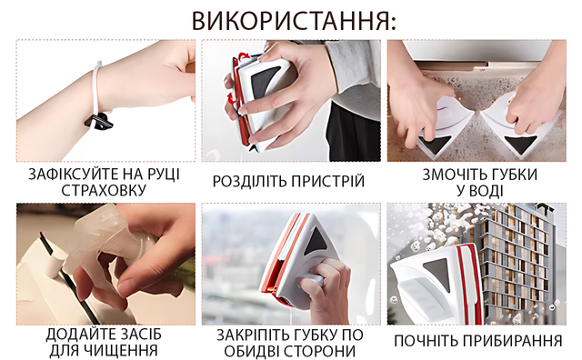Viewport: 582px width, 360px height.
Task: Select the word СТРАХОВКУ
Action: click(x=104, y=190)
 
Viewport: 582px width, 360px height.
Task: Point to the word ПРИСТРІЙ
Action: click(x=327, y=182)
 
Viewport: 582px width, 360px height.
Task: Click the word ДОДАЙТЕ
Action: click(x=77, y=335)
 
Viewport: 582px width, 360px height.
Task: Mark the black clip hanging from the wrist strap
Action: click(x=98, y=122)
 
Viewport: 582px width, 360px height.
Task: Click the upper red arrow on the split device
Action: click(x=243, y=56)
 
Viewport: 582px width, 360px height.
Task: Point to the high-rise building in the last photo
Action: click(x=516, y=260)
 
